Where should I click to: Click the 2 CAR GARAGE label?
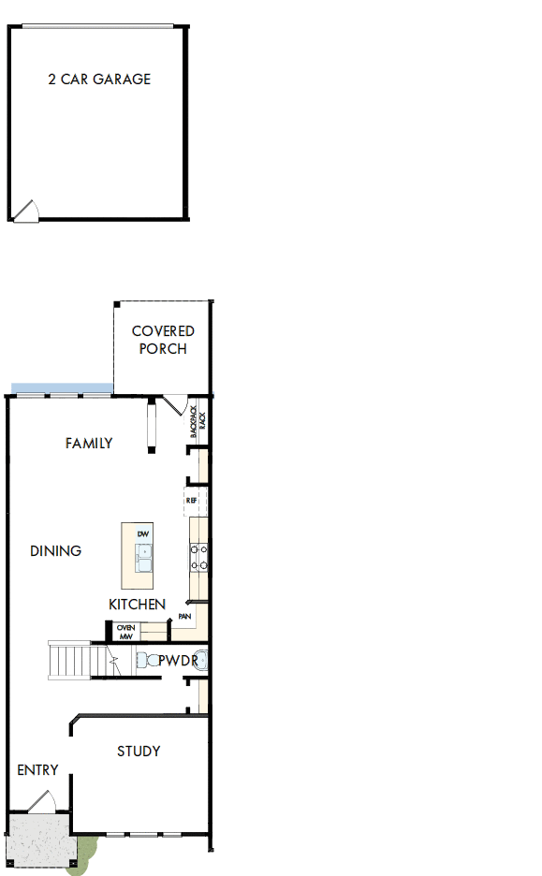pyautogui.click(x=99, y=80)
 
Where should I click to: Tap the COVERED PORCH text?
pyautogui.click(x=163, y=340)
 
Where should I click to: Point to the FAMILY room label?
pyautogui.click(x=89, y=443)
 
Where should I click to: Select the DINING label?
pyautogui.click(x=56, y=550)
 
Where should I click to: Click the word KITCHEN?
pyautogui.click(x=138, y=605)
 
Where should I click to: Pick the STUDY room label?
pyautogui.click(x=139, y=751)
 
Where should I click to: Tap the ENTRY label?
pyautogui.click(x=38, y=770)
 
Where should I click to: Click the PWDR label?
pyautogui.click(x=176, y=661)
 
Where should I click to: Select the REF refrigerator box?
pyautogui.click(x=192, y=502)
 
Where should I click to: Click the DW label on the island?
pyautogui.click(x=143, y=534)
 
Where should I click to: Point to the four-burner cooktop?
pyautogui.click(x=198, y=558)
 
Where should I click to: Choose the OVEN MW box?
pyautogui.click(x=125, y=632)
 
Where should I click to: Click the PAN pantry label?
pyautogui.click(x=185, y=617)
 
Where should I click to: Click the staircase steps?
pyautogui.click(x=70, y=661)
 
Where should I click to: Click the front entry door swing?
pyautogui.click(x=43, y=803)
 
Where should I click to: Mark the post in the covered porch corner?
pyautogui.click(x=118, y=306)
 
